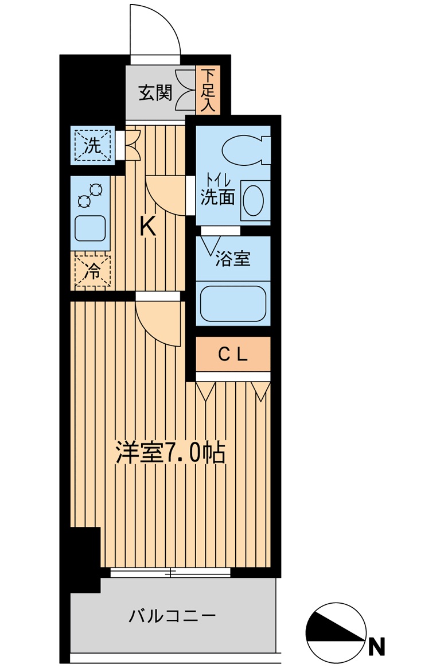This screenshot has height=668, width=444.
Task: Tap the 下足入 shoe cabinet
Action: pyautogui.click(x=207, y=90)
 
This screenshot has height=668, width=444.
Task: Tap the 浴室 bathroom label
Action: pyautogui.click(x=232, y=259)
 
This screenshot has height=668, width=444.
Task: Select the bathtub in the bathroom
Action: pyautogui.click(x=232, y=303)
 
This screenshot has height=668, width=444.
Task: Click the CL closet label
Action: pyautogui.click(x=233, y=355)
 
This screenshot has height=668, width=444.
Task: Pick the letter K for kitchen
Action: pyautogui.click(x=148, y=228)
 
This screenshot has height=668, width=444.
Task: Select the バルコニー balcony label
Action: pyautogui.click(x=172, y=617)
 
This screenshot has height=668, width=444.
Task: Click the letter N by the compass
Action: pyautogui.click(x=376, y=647)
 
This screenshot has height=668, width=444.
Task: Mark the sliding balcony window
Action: pyautogui.click(x=170, y=572)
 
